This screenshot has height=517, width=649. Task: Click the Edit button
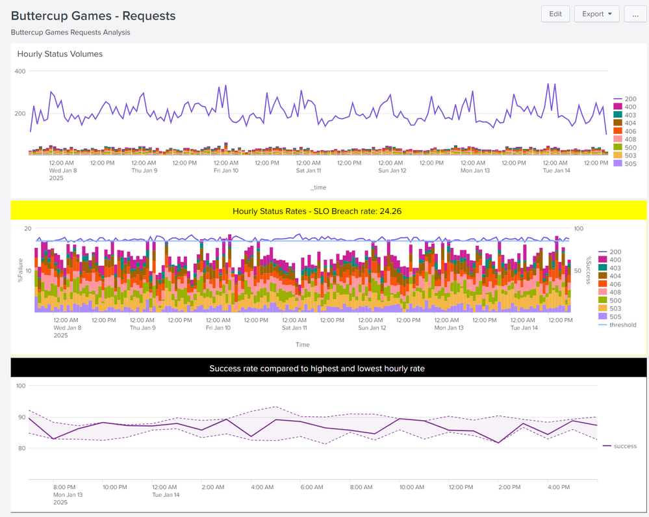(x=555, y=14)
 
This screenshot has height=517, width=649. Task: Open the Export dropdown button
(x=596, y=14)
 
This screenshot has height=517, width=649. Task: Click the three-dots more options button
(x=635, y=14)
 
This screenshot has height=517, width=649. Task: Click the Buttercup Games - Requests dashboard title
(x=93, y=16)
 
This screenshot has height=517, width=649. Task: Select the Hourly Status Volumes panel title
(x=60, y=54)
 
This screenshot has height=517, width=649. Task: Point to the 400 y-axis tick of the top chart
(x=19, y=71)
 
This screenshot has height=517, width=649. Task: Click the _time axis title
(x=318, y=187)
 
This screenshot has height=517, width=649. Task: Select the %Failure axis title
(x=20, y=271)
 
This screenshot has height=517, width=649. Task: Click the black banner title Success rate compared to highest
(x=317, y=369)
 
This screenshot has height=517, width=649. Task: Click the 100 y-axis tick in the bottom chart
(x=19, y=386)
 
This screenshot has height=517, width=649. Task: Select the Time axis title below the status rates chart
(x=302, y=345)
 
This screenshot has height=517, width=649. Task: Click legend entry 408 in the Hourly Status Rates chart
(x=615, y=292)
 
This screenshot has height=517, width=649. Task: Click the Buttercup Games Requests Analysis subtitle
(x=70, y=32)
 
